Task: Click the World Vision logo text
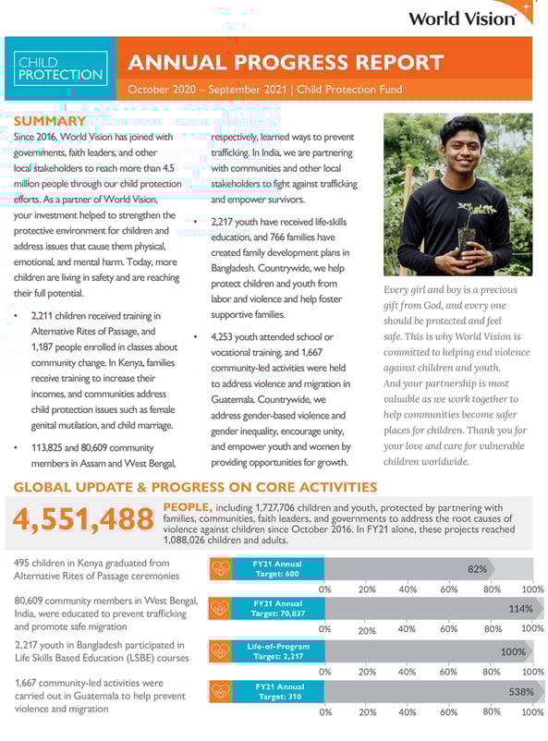(x=461, y=18)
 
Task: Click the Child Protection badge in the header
(x=60, y=68)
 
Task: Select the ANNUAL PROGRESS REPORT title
(x=286, y=63)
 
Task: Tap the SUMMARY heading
(x=50, y=122)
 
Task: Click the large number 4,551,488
(x=84, y=520)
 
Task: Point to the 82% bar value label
(x=477, y=569)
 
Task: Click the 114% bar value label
(x=520, y=609)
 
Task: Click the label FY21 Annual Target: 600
(x=278, y=569)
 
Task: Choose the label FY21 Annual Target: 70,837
(x=278, y=609)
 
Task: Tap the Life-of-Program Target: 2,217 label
(x=278, y=650)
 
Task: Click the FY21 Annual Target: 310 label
(x=278, y=691)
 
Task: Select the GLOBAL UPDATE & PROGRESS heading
(x=195, y=487)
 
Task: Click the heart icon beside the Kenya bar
(x=220, y=569)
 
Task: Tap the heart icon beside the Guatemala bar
(x=220, y=691)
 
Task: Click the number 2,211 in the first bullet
(x=46, y=316)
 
